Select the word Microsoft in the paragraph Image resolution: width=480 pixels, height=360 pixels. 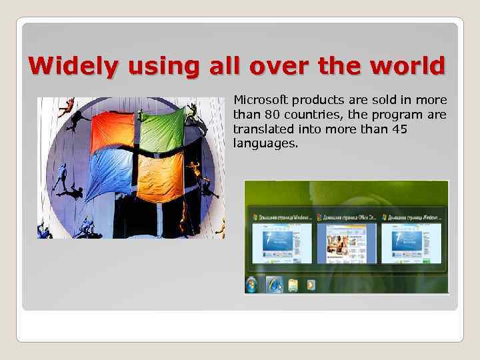coord(259,100)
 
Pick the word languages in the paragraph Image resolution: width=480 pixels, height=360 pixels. coord(265,143)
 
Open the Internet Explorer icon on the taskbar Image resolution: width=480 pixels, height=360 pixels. coord(274,285)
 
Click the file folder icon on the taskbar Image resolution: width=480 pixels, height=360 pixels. coord(293,285)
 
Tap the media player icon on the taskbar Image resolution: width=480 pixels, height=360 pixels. coord(310,285)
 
